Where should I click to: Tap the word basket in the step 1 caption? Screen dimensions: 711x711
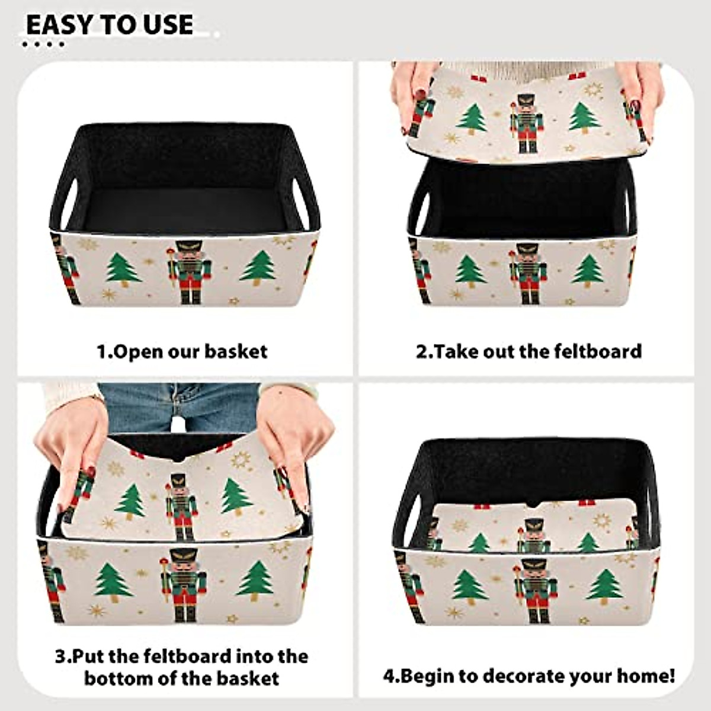[x=236, y=351]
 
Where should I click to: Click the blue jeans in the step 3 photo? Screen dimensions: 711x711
[x=178, y=403]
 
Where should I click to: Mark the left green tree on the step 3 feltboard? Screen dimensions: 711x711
[x=130, y=501]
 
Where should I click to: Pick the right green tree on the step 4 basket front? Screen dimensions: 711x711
[x=605, y=587]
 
